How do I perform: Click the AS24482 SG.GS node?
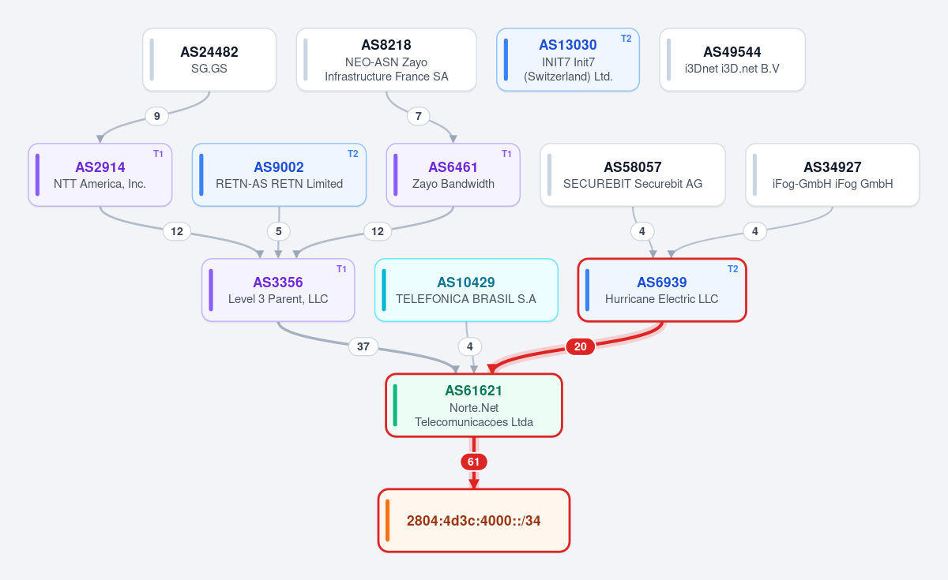click(209, 60)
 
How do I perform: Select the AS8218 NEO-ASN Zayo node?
click(386, 60)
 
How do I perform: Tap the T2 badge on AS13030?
click(626, 39)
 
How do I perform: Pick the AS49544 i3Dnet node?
click(732, 60)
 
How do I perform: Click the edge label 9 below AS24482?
click(156, 116)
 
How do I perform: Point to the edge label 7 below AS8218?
click(418, 116)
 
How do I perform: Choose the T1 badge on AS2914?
click(158, 154)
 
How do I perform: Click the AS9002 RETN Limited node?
click(279, 175)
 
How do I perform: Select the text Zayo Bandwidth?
click(453, 184)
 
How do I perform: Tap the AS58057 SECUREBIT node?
click(633, 175)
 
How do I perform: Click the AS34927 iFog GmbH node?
click(833, 175)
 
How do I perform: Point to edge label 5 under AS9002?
click(278, 231)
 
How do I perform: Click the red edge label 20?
click(580, 346)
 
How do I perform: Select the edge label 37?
click(363, 346)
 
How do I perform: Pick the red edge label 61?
click(473, 462)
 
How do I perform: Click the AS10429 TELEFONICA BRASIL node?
click(466, 290)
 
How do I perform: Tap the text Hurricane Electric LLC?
click(661, 299)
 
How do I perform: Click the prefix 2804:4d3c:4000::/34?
click(473, 520)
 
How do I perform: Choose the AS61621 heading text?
click(473, 391)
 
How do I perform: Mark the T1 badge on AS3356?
click(341, 269)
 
